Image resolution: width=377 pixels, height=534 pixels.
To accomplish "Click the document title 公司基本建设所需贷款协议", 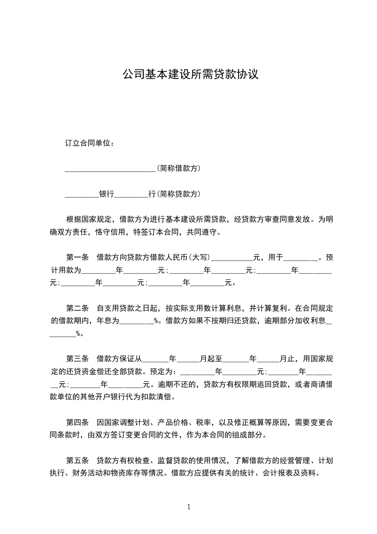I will tap(190, 74).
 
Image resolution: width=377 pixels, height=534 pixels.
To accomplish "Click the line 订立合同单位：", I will tap(89, 143).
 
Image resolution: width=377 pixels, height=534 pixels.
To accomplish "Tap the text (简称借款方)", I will tap(178, 168).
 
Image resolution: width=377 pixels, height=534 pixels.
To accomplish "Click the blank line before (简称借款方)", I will tap(110, 169).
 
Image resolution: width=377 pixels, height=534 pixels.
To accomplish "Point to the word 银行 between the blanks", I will tap(106, 194).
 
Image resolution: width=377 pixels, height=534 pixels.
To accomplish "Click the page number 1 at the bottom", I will tap(189, 506).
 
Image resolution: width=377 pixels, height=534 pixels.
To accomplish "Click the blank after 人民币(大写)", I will tap(232, 259).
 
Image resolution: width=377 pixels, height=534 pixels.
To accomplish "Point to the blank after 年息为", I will tap(136, 322).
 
